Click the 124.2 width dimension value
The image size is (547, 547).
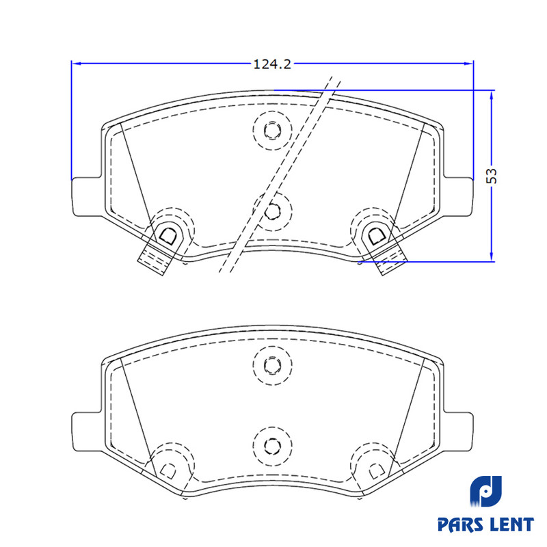272,64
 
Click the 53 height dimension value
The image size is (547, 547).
492,176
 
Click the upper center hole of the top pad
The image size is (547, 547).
272,130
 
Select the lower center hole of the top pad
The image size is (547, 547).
272,211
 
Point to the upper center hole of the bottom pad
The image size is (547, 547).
272,364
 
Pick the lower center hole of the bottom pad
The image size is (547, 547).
272,446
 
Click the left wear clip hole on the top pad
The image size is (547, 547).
168,235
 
